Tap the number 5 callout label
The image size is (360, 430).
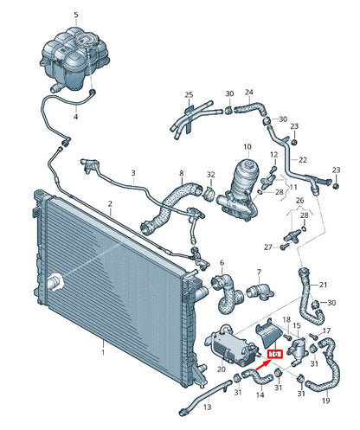(x=75, y=16)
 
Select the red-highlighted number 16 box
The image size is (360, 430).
(x=276, y=355)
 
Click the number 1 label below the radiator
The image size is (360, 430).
(x=102, y=352)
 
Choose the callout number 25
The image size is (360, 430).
(x=189, y=94)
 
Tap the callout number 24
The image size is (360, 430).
(x=249, y=92)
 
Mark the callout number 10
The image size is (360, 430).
(x=247, y=147)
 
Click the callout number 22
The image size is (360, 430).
(x=303, y=159)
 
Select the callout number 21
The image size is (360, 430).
(x=322, y=285)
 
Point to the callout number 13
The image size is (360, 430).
(x=206, y=406)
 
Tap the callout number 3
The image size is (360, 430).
(x=133, y=173)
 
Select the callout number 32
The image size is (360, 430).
(x=210, y=176)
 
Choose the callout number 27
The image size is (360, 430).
(x=268, y=247)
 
